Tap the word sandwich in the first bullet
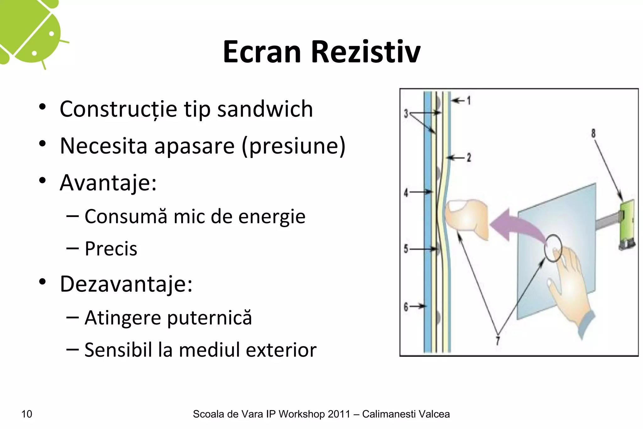point(265,109)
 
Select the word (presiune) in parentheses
point(293,146)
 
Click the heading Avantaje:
point(108,182)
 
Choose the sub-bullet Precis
point(111,249)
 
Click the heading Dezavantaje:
point(126,284)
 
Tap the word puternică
point(209,318)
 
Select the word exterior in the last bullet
point(281,350)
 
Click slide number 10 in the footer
point(27,414)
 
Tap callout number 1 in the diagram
point(469,100)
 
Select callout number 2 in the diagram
point(469,157)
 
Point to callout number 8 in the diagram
point(593,133)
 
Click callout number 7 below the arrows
point(498,340)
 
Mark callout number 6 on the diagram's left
point(406,306)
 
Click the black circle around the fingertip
point(553,248)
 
